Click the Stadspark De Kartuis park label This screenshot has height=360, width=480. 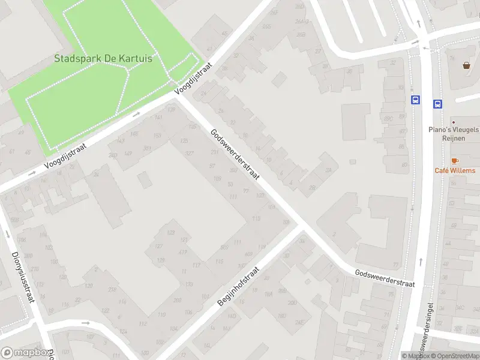coord(103,59)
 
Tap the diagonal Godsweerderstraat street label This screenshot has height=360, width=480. coord(234,154)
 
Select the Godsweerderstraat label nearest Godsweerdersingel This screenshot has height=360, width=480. coord(385,278)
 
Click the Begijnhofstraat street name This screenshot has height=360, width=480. coord(238,286)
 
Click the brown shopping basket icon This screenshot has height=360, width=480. coord(466,65)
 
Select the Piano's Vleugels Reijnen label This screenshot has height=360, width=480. coord(454,133)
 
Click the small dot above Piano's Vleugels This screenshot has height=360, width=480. coord(454,122)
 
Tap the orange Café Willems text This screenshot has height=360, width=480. coord(454,170)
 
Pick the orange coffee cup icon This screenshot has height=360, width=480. coord(454,160)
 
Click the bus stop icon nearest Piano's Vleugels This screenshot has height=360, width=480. coord(437,103)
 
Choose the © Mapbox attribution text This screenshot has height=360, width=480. coord(415,356)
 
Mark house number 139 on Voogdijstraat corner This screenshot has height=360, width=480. coord(172,110)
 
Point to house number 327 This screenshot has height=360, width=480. coord(190,153)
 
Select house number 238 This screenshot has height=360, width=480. coord(112,289)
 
